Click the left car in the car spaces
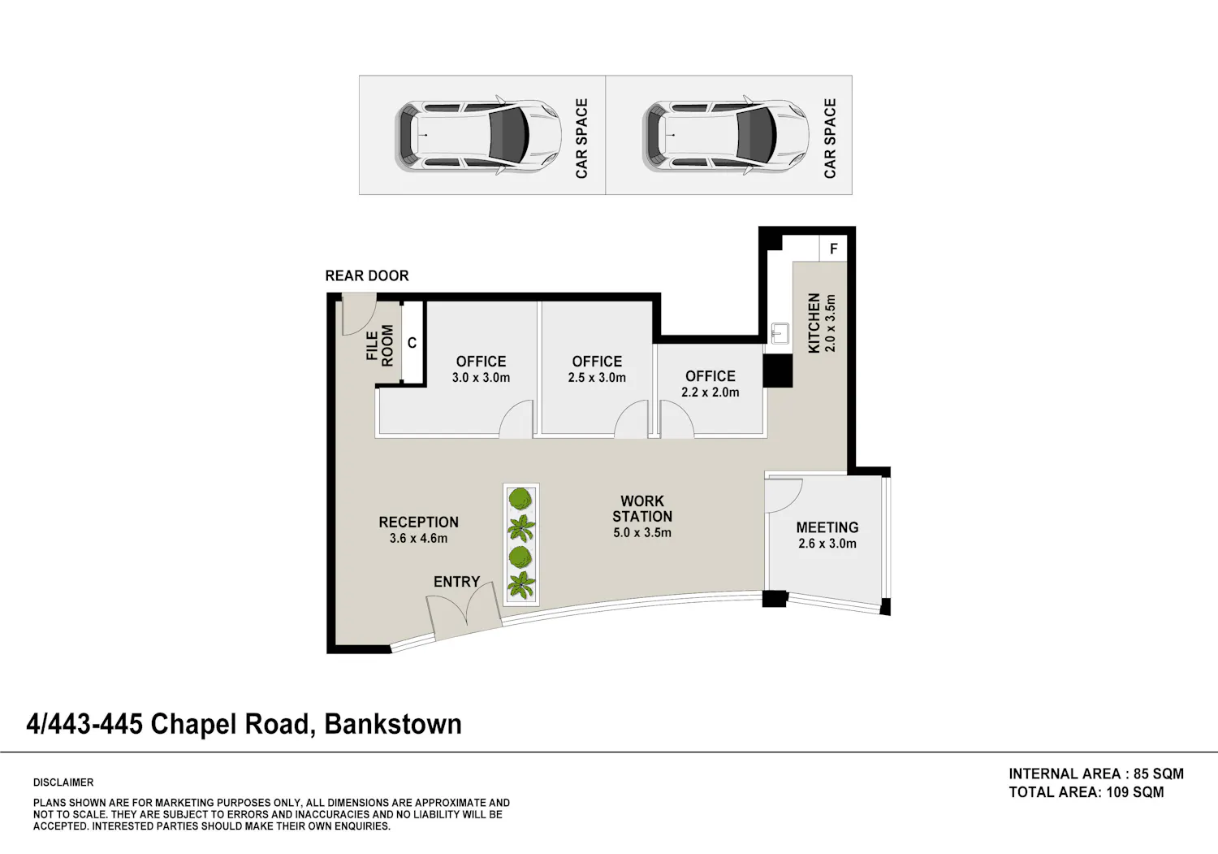click(x=478, y=136)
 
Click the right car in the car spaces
click(x=725, y=136)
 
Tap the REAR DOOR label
click(x=367, y=276)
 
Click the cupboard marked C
click(x=412, y=342)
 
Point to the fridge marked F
click(x=833, y=249)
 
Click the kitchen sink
click(x=780, y=333)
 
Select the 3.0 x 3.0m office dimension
click(x=481, y=378)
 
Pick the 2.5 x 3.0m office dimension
click(x=597, y=378)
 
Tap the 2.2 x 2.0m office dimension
click(x=710, y=392)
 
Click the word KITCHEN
click(x=814, y=323)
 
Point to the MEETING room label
click(x=827, y=527)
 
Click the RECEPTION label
click(x=419, y=522)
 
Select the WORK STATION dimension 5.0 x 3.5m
click(x=642, y=533)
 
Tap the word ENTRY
click(x=456, y=582)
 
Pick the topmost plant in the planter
click(x=521, y=499)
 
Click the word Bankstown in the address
click(x=393, y=725)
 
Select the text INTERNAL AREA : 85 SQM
click(x=1096, y=774)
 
